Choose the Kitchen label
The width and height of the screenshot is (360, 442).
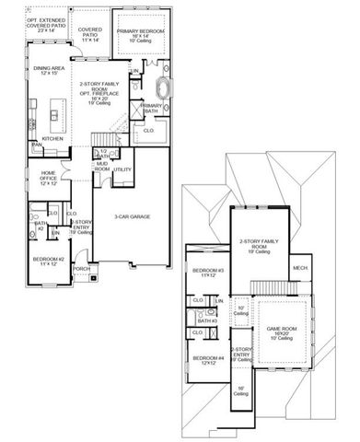pyautogui.click(x=52, y=139)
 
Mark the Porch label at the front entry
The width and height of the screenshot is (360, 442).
pyautogui.click(x=82, y=269)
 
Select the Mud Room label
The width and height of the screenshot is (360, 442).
pyautogui.click(x=102, y=169)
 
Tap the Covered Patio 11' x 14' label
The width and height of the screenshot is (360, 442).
pyautogui.click(x=89, y=35)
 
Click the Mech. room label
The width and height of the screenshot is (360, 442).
pyautogui.click(x=300, y=268)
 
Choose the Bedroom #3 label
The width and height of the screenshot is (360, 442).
pyautogui.click(x=203, y=273)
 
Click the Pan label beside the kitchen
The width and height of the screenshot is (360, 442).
pyautogui.click(x=37, y=145)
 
